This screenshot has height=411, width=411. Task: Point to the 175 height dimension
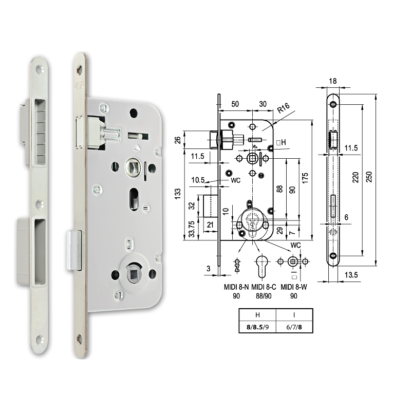305,178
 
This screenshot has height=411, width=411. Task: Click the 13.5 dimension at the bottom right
351,276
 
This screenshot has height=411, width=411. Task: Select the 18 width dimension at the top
332,81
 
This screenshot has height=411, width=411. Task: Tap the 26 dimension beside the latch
178,140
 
